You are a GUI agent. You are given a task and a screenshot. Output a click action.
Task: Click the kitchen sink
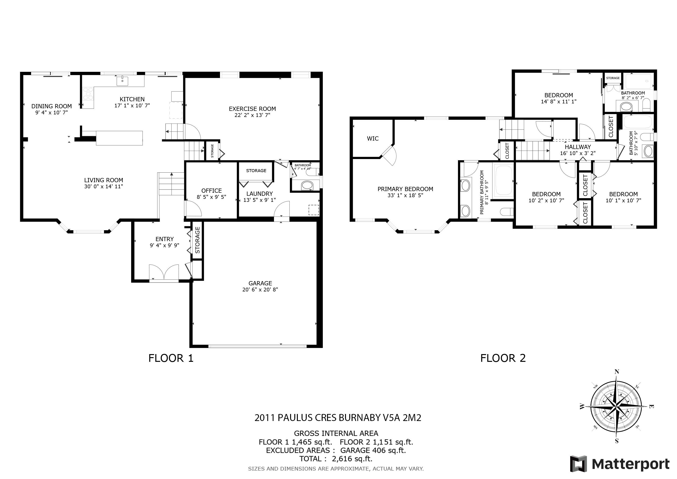pyautogui.click(x=122, y=80)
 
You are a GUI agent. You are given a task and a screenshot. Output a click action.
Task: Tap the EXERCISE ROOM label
pyautogui.click(x=252, y=109)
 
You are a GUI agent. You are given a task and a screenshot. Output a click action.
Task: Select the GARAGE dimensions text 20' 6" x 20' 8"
pyautogui.click(x=260, y=290)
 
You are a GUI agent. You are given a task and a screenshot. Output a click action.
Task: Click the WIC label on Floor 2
pyautogui.click(x=373, y=139)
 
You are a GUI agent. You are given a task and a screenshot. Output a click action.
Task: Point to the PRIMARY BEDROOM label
pyautogui.click(x=405, y=189)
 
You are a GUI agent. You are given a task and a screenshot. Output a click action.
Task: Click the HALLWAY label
pyautogui.click(x=578, y=147)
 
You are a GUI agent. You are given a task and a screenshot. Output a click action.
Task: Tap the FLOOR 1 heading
pyautogui.click(x=171, y=358)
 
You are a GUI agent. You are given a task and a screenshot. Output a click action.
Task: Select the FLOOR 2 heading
pyautogui.click(x=503, y=358)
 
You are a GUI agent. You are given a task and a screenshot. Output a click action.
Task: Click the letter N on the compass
pyautogui.click(x=616, y=372)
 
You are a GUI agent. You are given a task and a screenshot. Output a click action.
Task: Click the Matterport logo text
pyautogui.click(x=631, y=464)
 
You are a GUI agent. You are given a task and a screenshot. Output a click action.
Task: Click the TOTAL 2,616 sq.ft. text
pyautogui.click(x=336, y=459)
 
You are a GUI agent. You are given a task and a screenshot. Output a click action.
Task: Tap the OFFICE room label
pyautogui.click(x=211, y=191)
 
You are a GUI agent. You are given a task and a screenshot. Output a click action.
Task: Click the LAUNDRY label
pyautogui.click(x=259, y=194)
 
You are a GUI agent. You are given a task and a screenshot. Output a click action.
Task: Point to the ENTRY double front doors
pyautogui.click(x=164, y=272)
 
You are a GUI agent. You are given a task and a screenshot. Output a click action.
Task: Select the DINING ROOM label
pyautogui.click(x=52, y=106)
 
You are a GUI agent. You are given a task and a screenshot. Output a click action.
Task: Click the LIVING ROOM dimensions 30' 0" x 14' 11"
pyautogui.click(x=104, y=186)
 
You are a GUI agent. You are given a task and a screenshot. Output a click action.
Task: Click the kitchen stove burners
pyautogui.click(x=88, y=94)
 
